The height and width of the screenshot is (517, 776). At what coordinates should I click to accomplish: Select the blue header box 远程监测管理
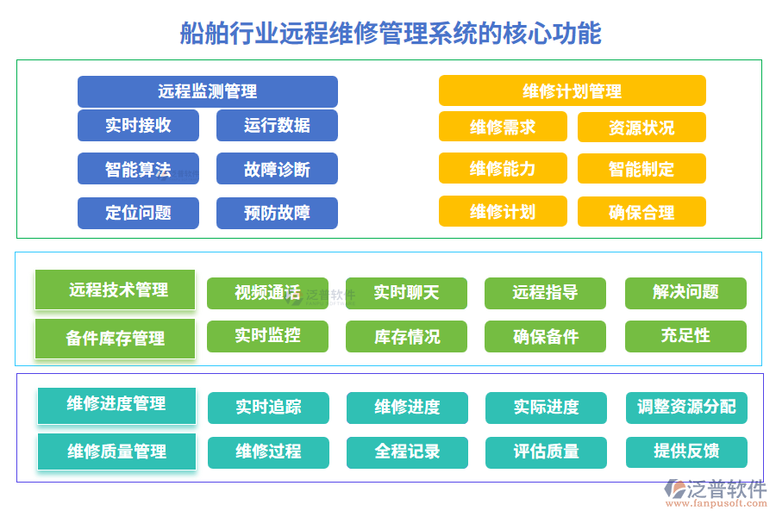[207, 91]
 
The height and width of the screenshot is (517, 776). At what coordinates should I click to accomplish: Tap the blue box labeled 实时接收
[138, 126]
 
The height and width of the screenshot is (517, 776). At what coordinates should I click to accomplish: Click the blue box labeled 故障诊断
[277, 169]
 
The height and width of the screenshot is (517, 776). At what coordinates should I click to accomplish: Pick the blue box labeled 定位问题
[138, 213]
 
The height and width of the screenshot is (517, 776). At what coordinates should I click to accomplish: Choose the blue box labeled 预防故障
[277, 213]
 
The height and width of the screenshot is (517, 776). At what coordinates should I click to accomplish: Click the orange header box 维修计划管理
[572, 91]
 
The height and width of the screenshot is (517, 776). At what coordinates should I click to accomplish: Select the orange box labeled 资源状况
[641, 128]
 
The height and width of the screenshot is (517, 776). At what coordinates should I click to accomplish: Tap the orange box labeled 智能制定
[641, 169]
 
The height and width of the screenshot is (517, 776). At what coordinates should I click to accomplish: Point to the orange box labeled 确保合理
[641, 212]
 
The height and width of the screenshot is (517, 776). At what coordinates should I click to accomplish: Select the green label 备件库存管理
[116, 339]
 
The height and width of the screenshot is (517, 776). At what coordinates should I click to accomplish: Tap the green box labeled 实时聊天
[406, 293]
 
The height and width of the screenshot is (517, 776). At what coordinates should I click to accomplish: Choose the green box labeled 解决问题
[685, 293]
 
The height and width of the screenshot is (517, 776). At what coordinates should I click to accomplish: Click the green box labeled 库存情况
[406, 336]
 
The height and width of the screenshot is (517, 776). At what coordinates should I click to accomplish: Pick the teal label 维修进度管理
[116, 405]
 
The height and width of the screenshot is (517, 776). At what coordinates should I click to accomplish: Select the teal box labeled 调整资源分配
[686, 408]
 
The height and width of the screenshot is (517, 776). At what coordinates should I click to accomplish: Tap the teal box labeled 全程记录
[407, 452]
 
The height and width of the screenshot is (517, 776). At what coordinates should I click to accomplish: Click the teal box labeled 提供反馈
[686, 452]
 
